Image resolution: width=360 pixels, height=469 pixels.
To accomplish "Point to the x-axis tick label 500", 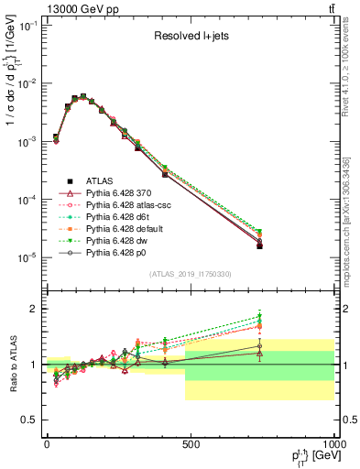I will [x=191, y=443].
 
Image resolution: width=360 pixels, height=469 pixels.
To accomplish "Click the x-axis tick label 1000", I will [x=332, y=443].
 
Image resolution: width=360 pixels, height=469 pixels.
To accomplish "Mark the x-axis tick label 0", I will [x=47, y=443].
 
